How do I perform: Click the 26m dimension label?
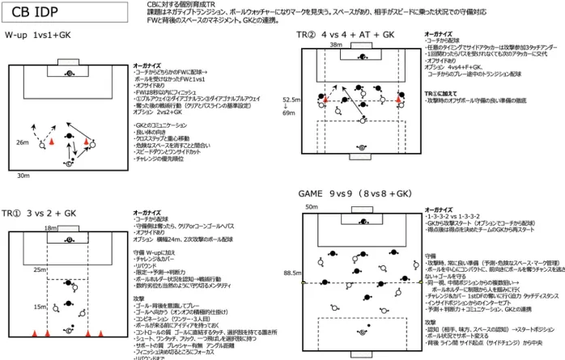[x=22, y=142]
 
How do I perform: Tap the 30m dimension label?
[x=22, y=174]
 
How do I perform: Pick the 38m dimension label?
[x=335, y=45]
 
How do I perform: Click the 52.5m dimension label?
[x=290, y=100]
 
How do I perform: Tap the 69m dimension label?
[x=287, y=114]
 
